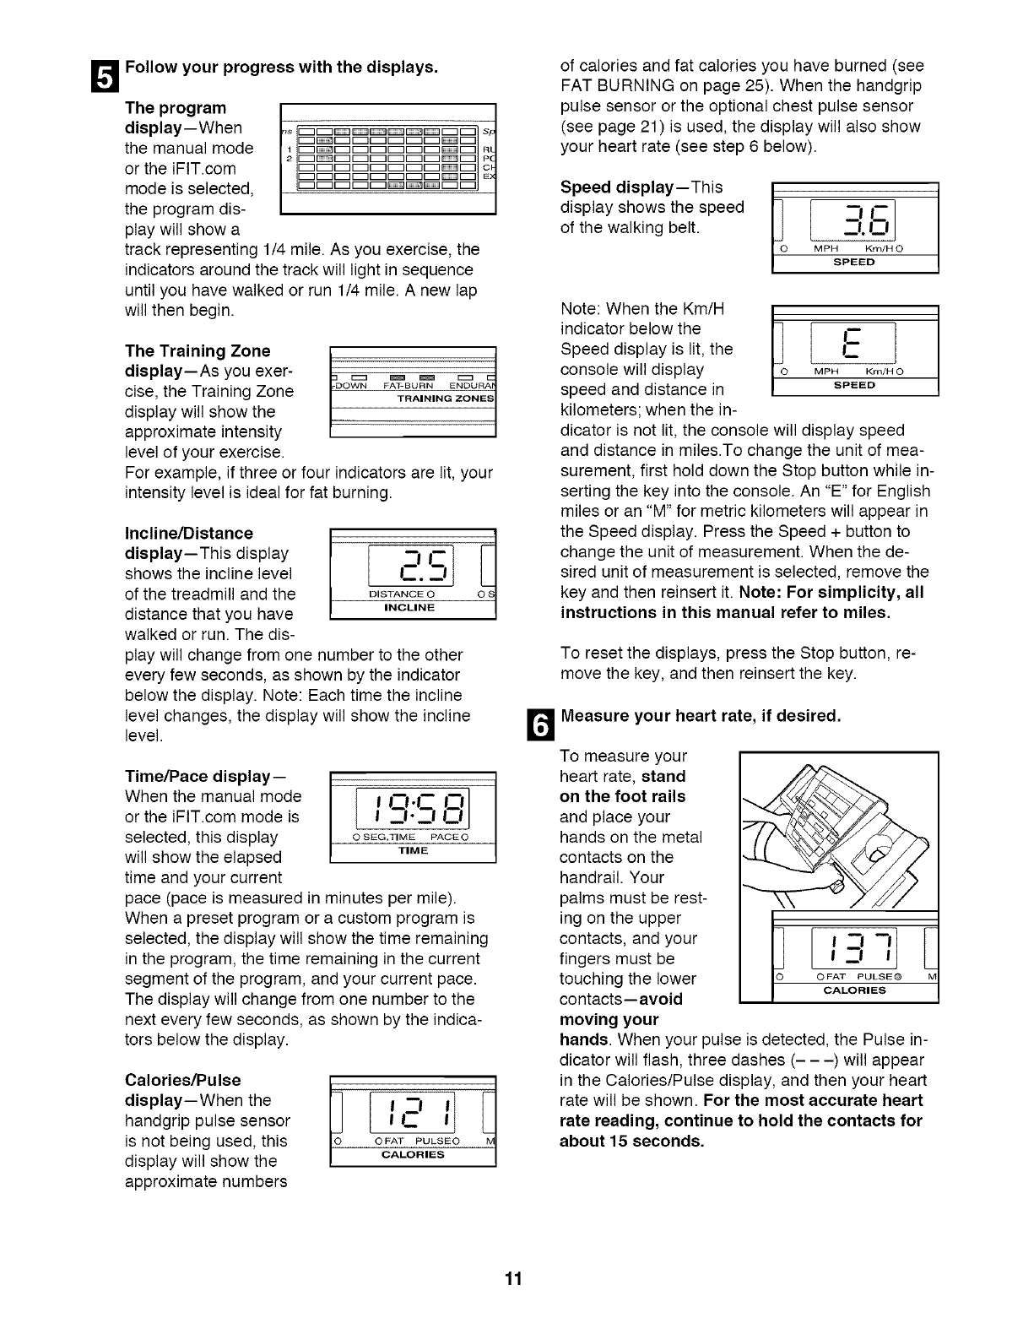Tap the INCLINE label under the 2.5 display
click(409, 608)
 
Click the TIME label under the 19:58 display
click(414, 850)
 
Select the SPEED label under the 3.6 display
click(854, 263)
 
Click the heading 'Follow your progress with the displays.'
click(280, 67)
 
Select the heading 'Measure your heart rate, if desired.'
click(701, 716)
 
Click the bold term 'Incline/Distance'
click(188, 534)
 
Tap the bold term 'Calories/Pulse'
click(182, 1080)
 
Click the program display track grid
click(386, 156)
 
